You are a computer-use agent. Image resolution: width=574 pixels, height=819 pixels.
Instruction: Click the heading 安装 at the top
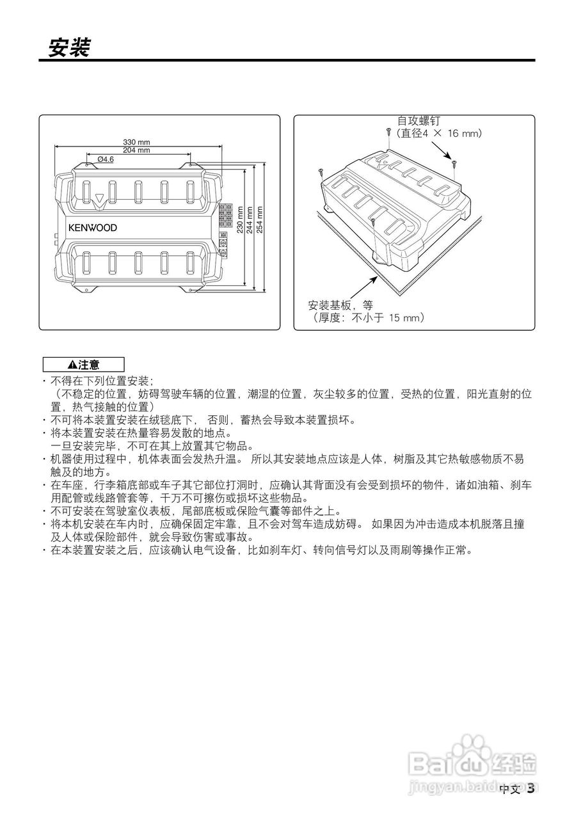[69, 46]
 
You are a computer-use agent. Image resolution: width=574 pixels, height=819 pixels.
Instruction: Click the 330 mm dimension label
[136, 142]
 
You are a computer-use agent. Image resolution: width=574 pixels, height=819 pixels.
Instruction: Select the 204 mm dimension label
[136, 150]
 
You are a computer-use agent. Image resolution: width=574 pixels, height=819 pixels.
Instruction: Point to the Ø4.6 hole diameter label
[106, 159]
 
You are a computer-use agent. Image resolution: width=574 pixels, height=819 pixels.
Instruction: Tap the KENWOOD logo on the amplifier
[93, 227]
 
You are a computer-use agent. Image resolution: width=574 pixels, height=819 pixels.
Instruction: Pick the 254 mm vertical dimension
[259, 219]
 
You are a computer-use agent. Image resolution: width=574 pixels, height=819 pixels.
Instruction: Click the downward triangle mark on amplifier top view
[99, 200]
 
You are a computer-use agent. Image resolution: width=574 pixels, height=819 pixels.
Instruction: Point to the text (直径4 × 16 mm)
[438, 134]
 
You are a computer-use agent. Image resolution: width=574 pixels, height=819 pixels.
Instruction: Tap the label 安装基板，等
[340, 305]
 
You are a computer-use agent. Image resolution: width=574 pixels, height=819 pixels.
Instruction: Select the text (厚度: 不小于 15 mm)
[367, 317]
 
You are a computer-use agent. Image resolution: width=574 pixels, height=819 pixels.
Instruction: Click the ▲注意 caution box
[83, 365]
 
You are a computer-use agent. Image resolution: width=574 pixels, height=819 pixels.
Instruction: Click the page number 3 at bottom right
[530, 789]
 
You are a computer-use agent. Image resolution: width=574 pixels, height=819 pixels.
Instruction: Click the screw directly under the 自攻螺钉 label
[389, 132]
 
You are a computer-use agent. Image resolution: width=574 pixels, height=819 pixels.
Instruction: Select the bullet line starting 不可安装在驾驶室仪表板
[196, 511]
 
